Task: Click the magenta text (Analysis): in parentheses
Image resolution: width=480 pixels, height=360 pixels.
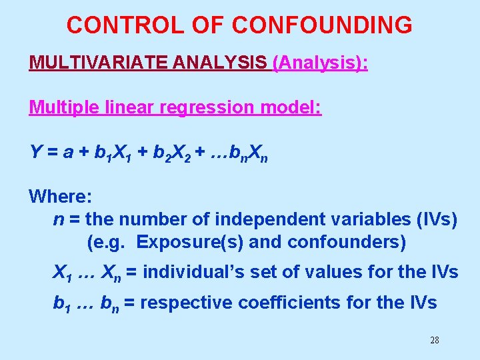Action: [321, 63]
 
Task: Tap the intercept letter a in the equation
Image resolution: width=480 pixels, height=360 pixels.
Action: [67, 152]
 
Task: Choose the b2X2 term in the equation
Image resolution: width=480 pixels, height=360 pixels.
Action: [169, 153]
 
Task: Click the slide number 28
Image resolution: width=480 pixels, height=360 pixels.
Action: [434, 340]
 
